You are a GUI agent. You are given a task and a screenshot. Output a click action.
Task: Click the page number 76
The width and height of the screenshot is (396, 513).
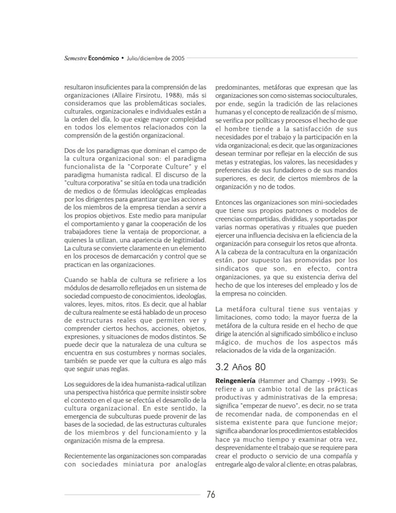point(211,495)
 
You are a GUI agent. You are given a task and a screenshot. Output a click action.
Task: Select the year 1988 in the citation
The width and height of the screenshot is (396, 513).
point(170,95)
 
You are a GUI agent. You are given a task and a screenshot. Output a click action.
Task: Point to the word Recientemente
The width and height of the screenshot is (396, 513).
point(88,456)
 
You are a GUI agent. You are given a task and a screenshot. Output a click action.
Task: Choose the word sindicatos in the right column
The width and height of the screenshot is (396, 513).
point(233,269)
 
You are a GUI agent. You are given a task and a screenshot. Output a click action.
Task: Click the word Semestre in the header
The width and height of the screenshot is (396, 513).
point(76,58)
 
